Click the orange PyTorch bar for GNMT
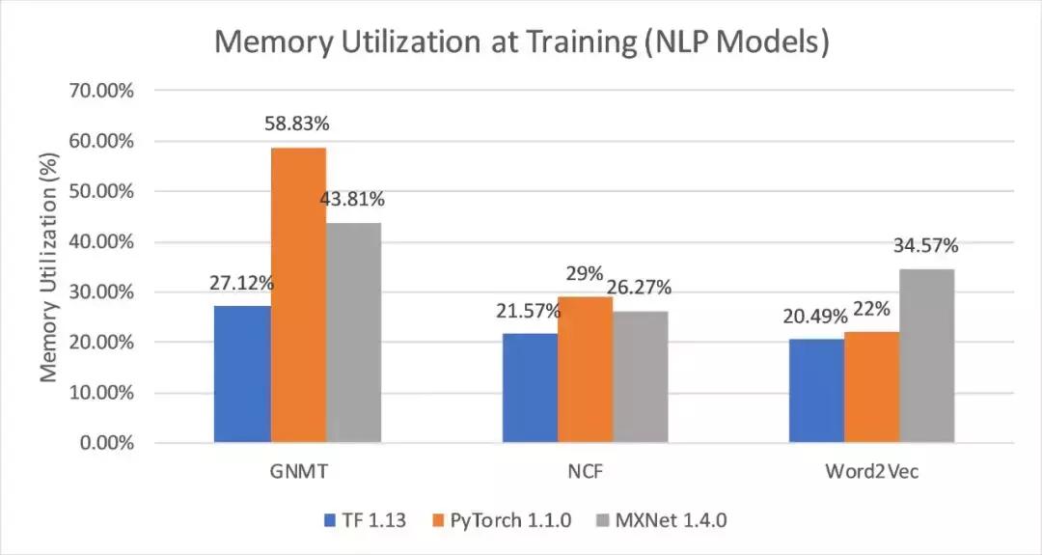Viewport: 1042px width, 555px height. pyautogui.click(x=298, y=295)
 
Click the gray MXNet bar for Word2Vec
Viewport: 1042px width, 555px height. pyautogui.click(x=926, y=356)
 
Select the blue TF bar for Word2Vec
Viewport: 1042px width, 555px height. pyautogui.click(x=816, y=391)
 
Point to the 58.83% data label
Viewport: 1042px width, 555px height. pyautogui.click(x=298, y=125)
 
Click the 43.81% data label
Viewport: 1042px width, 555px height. pyautogui.click(x=354, y=200)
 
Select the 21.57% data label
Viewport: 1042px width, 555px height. pyautogui.click(x=530, y=311)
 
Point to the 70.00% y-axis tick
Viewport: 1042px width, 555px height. pyautogui.click(x=101, y=91)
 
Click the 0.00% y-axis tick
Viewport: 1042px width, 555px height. pyautogui.click(x=105, y=444)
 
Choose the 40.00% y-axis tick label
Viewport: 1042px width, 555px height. pyautogui.click(x=101, y=242)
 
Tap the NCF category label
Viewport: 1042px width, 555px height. pyautogui.click(x=585, y=473)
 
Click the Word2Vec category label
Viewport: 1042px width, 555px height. pyautogui.click(x=871, y=473)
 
